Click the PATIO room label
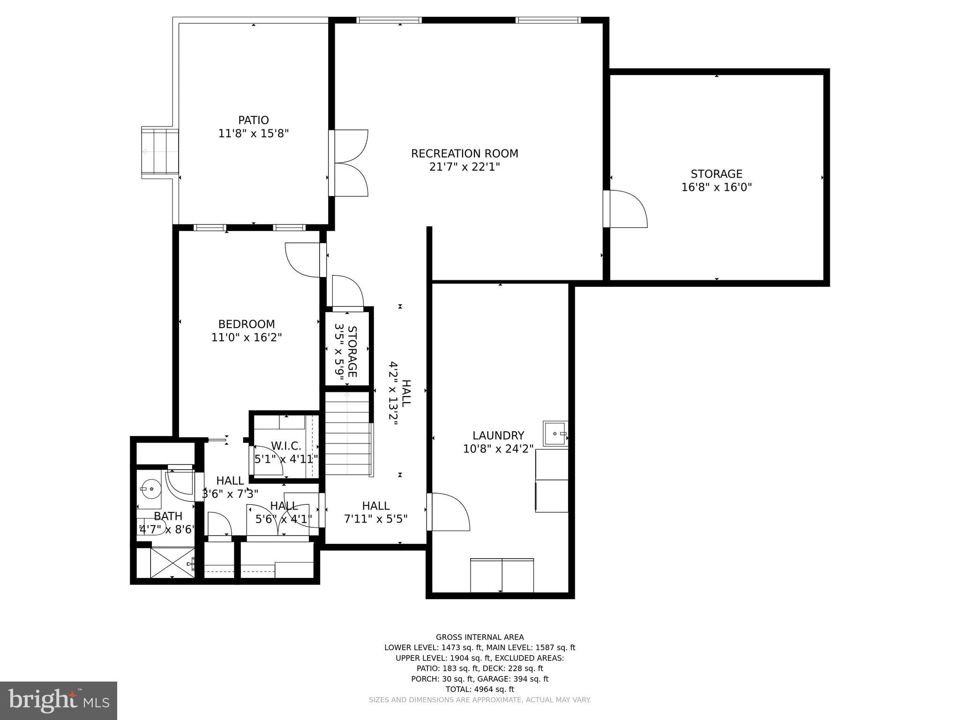pyautogui.click(x=253, y=120)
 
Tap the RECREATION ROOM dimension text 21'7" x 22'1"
pyautogui.click(x=465, y=167)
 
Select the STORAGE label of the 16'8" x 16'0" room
pyautogui.click(x=716, y=174)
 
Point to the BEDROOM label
pyautogui.click(x=247, y=324)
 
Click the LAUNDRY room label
pyautogui.click(x=498, y=435)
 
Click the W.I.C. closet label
pyautogui.click(x=286, y=446)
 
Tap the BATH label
pyautogui.click(x=168, y=516)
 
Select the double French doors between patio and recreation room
pyautogui.click(x=349, y=163)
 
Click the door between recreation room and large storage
pyautogui.click(x=626, y=209)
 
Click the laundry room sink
pyautogui.click(x=555, y=434)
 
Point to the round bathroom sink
pyautogui.click(x=150, y=489)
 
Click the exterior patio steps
pyautogui.click(x=160, y=152)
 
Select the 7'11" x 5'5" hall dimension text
pyautogui.click(x=375, y=519)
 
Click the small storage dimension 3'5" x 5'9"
pyautogui.click(x=340, y=350)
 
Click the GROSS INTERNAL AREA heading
pyautogui.click(x=480, y=637)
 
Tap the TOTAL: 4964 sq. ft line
pyautogui.click(x=480, y=689)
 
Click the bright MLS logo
pyautogui.click(x=59, y=701)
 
